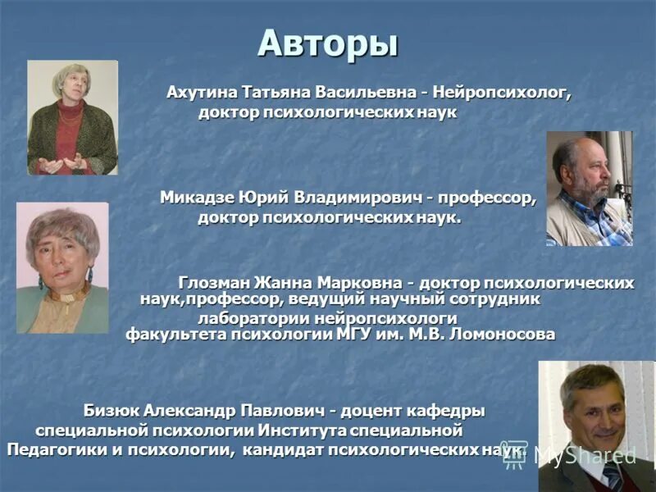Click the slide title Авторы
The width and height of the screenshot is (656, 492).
click(x=327, y=43)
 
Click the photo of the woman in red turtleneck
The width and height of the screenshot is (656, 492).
click(x=72, y=117)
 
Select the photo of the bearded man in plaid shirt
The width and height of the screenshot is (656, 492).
click(x=589, y=189)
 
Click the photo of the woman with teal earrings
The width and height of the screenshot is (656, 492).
click(x=62, y=267)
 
